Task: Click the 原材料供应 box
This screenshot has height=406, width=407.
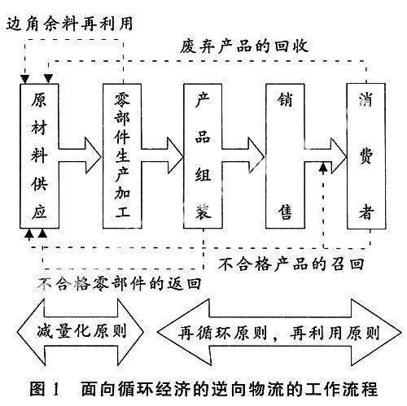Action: (x=39, y=156)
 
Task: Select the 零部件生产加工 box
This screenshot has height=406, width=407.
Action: (x=122, y=156)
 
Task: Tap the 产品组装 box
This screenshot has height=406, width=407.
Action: (x=203, y=156)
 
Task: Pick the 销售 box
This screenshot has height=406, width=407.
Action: (x=285, y=156)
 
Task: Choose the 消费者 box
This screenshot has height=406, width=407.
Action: (x=366, y=156)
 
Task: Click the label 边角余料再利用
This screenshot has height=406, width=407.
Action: (x=70, y=24)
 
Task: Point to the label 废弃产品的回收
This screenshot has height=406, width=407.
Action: (x=244, y=46)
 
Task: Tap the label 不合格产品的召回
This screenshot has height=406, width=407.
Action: (x=291, y=264)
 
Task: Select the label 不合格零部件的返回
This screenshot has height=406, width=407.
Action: (x=120, y=284)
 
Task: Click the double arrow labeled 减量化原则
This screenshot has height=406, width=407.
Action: (x=81, y=332)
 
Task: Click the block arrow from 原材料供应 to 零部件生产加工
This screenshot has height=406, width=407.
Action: (x=81, y=156)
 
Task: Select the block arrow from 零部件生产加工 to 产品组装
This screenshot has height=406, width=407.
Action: (x=162, y=156)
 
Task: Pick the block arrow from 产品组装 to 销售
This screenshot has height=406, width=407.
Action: (x=243, y=156)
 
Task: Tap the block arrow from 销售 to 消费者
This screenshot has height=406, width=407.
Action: (x=326, y=156)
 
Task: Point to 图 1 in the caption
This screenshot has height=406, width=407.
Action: (x=44, y=389)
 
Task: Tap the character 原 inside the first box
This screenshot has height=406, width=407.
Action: (x=39, y=100)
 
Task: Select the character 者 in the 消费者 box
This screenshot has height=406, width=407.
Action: (x=366, y=212)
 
